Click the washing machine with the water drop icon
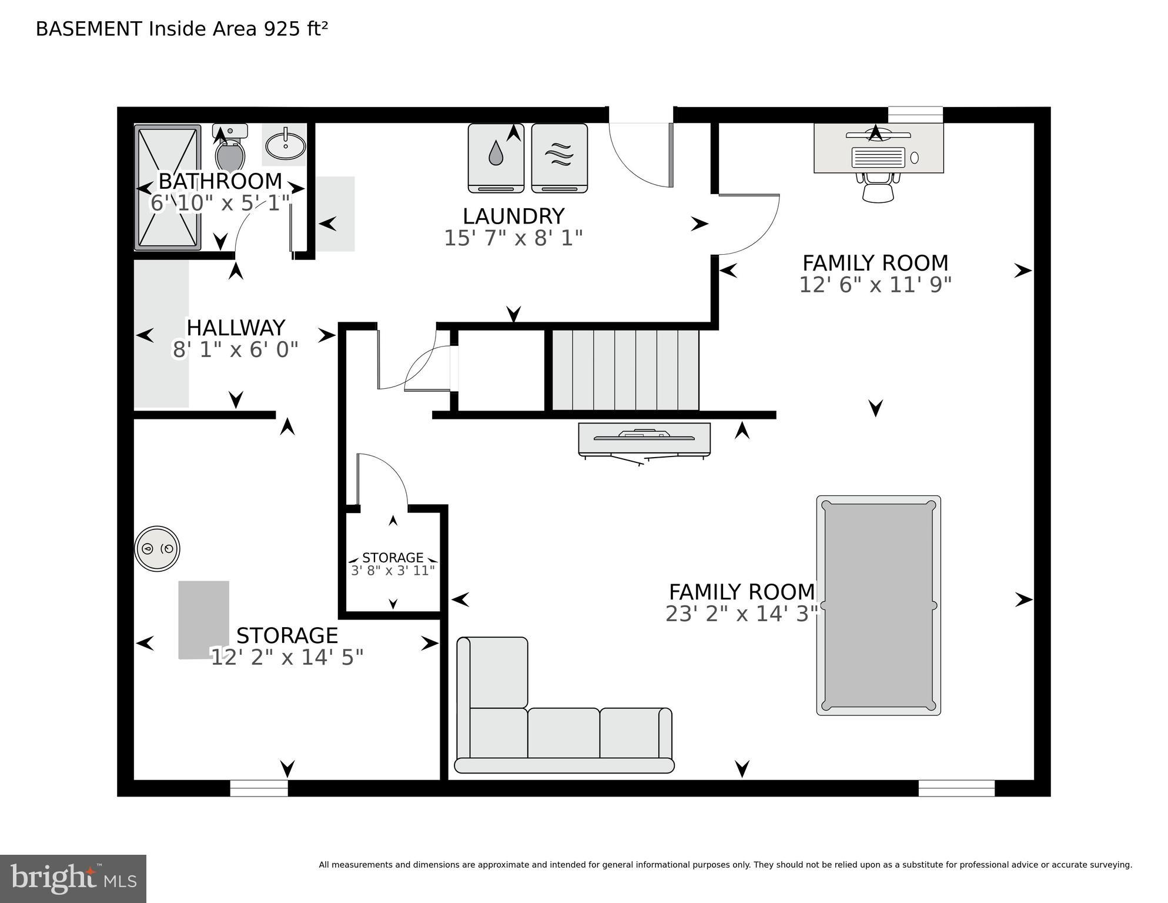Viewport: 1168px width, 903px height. tap(496, 158)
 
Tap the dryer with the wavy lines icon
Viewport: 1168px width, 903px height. tap(559, 158)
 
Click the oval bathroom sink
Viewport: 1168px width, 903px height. tap(285, 145)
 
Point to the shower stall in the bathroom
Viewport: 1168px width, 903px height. tap(168, 187)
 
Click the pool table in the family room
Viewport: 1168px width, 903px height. tap(878, 605)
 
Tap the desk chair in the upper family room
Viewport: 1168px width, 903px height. tap(878, 188)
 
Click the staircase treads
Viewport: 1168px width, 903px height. tap(625, 370)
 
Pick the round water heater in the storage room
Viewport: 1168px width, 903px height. tap(157, 548)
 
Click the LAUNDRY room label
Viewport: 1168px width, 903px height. tap(513, 216)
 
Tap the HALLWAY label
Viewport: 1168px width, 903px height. tap(236, 328)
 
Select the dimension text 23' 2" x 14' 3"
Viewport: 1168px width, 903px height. tap(742, 614)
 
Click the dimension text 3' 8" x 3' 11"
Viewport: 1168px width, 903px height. tap(393, 571)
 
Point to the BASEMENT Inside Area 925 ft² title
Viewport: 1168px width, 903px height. tap(182, 29)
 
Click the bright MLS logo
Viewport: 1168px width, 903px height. tap(73, 878)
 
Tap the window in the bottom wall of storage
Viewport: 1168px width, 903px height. tap(259, 788)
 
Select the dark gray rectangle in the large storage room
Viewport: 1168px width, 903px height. tap(203, 620)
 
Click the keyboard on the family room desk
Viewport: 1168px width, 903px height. tap(878, 157)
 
